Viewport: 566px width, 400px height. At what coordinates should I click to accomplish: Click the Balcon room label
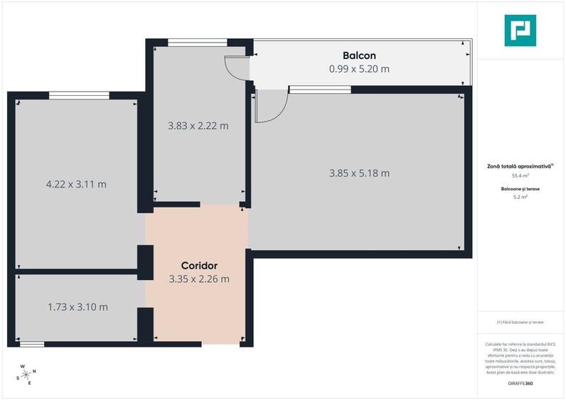point(359,55)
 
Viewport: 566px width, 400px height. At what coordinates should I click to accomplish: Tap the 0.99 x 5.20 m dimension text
point(359,69)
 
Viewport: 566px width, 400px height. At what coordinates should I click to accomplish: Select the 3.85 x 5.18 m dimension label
point(359,173)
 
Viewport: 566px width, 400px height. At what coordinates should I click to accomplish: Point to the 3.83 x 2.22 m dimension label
point(198,126)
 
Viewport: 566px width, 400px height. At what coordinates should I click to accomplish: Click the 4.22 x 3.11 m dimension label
point(76,184)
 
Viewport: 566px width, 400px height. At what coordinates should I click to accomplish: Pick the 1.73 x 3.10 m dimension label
point(78,307)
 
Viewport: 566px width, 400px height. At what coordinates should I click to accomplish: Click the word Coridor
point(198,266)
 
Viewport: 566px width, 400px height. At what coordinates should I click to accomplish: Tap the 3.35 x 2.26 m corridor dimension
point(199,279)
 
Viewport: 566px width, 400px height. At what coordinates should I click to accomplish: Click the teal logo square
point(520,31)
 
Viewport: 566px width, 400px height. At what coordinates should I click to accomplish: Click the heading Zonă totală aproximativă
point(520,166)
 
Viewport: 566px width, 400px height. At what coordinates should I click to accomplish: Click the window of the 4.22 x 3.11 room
point(79,95)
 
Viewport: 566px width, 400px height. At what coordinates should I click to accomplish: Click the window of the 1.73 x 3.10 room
point(31,344)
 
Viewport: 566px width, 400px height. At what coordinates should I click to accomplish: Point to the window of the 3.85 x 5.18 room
point(319,90)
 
